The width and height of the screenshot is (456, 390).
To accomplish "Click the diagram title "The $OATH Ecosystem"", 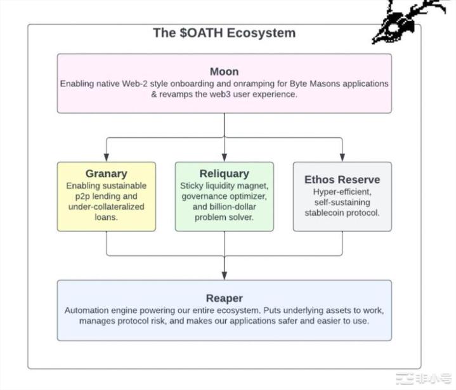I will pos(224,32).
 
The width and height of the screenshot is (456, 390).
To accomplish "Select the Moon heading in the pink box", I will pos(224,71).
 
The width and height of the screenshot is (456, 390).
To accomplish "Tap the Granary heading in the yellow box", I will pos(107,173).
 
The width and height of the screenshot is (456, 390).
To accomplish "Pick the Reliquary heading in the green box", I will pos(224,173).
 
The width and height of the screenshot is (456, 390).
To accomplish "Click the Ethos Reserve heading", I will pos(342,179).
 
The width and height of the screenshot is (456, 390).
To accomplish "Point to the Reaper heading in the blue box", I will pos(224,298).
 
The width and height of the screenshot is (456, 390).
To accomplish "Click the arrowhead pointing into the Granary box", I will pos(107,157).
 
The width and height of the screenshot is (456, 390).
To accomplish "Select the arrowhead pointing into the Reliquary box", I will pos(224,157).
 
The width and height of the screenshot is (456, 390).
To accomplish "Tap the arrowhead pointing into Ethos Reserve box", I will pos(342,157).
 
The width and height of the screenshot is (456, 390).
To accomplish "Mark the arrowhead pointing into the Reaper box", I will pos(224,275).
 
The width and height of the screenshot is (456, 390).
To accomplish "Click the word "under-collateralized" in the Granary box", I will pos(106,207).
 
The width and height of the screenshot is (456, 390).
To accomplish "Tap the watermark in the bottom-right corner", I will pos(424,378).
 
